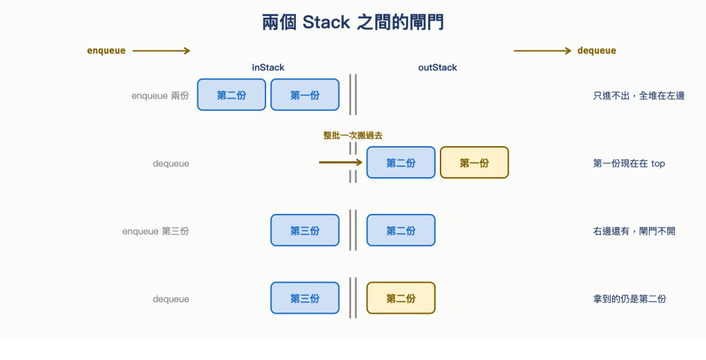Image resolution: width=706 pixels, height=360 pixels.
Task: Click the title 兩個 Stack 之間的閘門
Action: pos(353,22)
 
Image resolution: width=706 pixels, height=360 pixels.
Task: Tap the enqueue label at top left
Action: pos(106,50)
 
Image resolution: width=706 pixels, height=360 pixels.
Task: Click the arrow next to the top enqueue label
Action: pos(161,50)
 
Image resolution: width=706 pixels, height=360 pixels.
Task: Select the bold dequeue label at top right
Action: pos(596,50)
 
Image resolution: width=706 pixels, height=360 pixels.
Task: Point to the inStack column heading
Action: pos(268,68)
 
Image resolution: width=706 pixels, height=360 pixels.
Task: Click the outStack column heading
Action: pos(437,68)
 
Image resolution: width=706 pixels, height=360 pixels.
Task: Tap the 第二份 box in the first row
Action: pos(232,94)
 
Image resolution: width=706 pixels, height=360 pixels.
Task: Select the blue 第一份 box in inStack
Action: pos(305,94)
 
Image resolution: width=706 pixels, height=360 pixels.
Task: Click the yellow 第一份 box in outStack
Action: pos(474,163)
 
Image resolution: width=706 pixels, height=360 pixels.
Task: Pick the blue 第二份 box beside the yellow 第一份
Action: pos(401,163)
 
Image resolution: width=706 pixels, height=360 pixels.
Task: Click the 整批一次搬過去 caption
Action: pos(352,135)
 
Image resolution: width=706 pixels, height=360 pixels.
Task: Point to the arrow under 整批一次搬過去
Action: pos(341,162)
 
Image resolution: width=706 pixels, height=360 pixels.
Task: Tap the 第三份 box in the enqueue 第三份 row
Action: pos(305,230)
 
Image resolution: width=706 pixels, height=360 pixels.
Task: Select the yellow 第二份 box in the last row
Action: pos(401,298)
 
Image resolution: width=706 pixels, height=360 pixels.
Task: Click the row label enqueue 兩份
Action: pos(160,96)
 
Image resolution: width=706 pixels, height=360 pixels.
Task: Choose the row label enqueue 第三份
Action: pos(156,231)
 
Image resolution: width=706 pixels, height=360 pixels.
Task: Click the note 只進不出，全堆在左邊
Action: pos(638,96)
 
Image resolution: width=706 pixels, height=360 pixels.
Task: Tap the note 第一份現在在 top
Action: pos(629,163)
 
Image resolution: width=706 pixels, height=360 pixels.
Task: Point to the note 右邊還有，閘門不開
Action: pos(634,231)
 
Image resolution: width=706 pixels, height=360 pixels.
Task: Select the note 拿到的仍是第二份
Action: pos(629,299)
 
